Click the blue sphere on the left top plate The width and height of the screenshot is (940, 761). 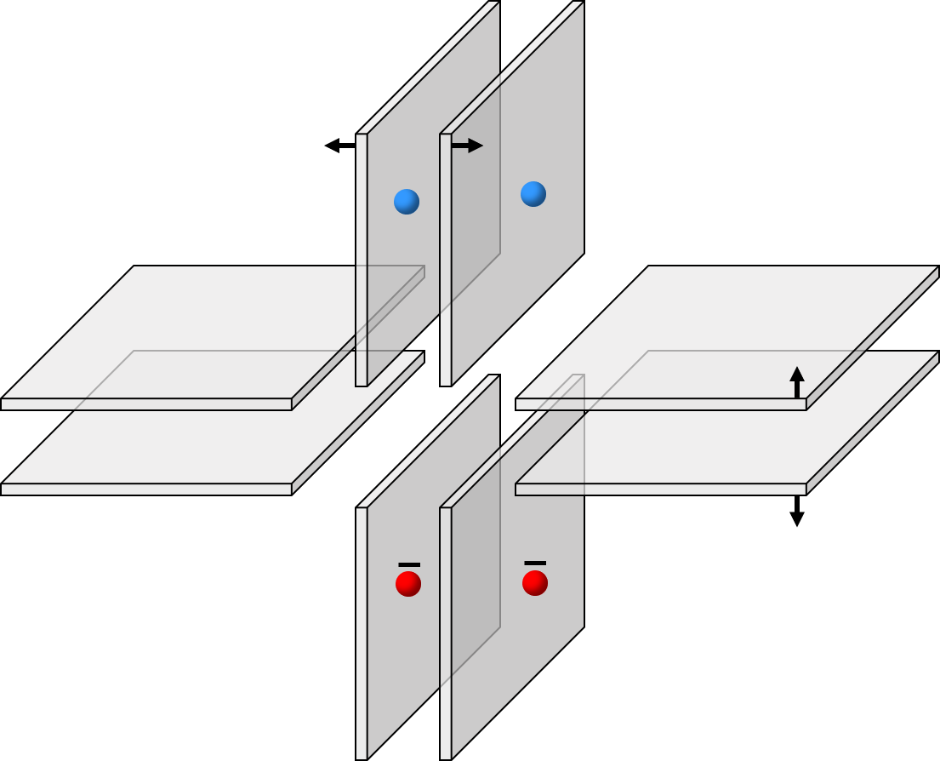(x=407, y=202)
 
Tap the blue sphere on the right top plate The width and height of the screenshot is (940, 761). (x=533, y=194)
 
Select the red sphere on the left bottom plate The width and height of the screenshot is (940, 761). (x=408, y=584)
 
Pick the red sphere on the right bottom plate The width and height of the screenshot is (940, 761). (x=535, y=583)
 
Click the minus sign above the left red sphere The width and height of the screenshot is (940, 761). (x=409, y=564)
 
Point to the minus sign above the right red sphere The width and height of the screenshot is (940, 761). (x=535, y=563)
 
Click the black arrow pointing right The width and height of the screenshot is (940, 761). (x=467, y=146)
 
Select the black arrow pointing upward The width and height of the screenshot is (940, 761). (x=797, y=382)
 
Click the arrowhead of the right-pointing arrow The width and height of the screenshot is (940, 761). (x=476, y=146)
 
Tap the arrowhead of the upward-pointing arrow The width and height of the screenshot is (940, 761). (x=797, y=374)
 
